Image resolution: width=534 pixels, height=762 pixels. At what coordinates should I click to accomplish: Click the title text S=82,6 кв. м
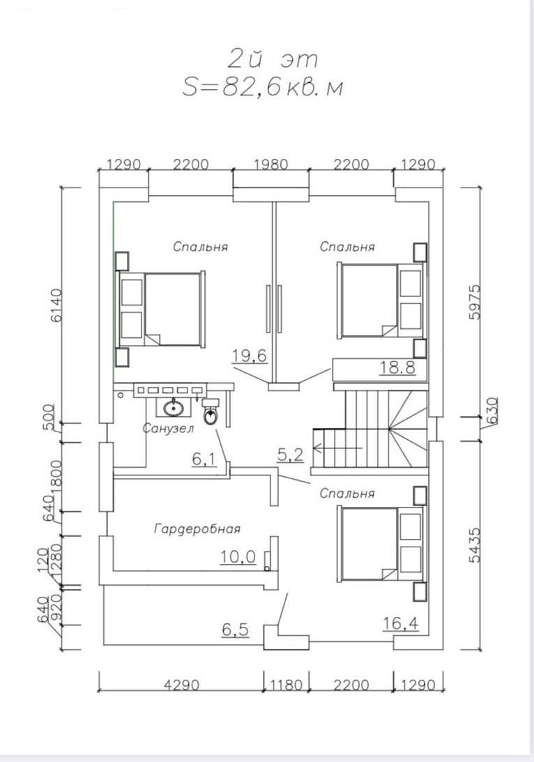pyautogui.click(x=263, y=89)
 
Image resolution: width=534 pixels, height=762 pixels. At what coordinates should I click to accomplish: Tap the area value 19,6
pyautogui.click(x=250, y=356)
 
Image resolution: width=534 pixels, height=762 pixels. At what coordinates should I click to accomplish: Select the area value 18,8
pyautogui.click(x=397, y=367)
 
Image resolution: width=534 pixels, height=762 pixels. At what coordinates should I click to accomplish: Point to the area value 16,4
pyautogui.click(x=401, y=623)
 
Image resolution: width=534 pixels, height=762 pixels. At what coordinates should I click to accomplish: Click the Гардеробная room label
pyautogui.click(x=197, y=529)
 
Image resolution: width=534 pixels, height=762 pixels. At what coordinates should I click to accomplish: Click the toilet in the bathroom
pyautogui.click(x=211, y=413)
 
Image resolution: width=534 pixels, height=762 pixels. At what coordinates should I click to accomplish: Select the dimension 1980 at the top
pyautogui.click(x=271, y=165)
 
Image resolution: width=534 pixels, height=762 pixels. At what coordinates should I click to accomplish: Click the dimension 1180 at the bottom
pyautogui.click(x=285, y=685)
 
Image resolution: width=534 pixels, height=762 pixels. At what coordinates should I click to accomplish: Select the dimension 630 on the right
pyautogui.click(x=491, y=406)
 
